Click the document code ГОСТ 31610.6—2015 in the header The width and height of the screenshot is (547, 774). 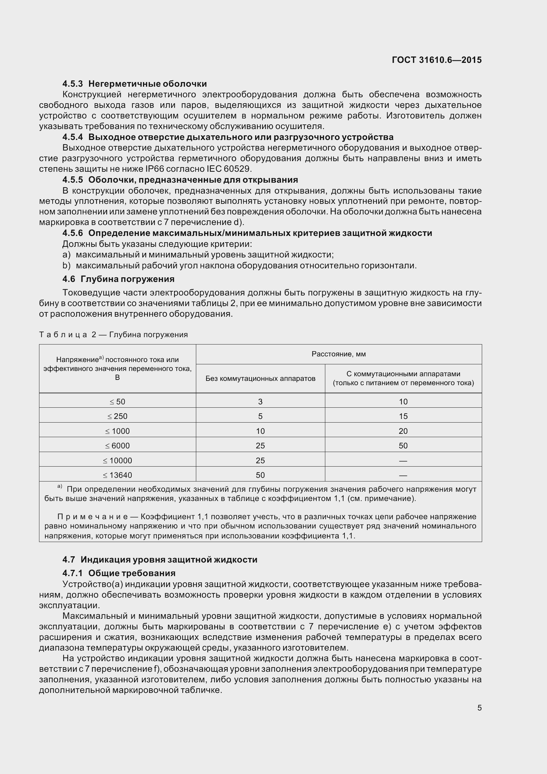(437, 60)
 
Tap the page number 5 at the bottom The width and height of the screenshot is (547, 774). (479, 707)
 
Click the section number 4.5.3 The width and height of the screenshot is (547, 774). (72, 84)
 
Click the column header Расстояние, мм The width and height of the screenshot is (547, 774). (339, 354)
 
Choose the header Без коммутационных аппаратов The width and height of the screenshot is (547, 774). (260, 378)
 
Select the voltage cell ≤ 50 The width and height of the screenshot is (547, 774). (117, 401)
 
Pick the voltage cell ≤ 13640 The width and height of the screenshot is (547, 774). (117, 475)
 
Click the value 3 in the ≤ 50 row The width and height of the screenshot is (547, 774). (260, 401)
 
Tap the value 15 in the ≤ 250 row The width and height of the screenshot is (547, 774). (403, 416)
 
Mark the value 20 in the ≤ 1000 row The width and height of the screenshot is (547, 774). (403, 431)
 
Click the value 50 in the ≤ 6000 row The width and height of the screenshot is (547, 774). (403, 446)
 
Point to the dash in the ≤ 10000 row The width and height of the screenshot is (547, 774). (403, 461)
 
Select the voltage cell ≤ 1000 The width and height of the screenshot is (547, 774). (117, 431)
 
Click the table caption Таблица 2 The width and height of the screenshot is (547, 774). (68, 335)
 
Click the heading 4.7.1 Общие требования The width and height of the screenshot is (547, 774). (119, 573)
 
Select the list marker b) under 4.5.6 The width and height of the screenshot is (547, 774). (67, 265)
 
